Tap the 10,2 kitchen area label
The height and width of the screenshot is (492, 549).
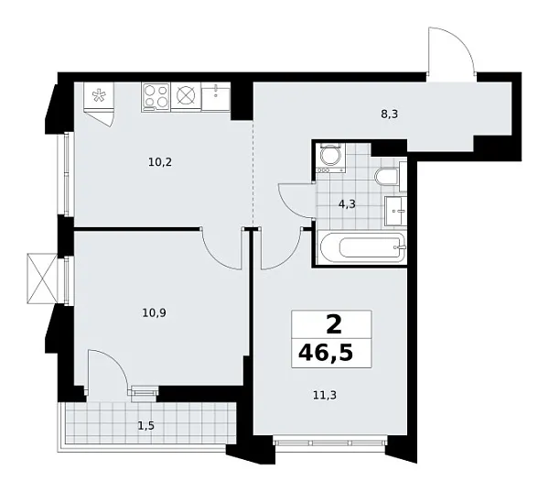tap(160, 162)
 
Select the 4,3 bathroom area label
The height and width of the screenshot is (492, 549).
tap(347, 205)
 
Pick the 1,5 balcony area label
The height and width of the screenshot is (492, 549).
tap(146, 424)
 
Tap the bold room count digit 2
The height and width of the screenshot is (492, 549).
tap(331, 323)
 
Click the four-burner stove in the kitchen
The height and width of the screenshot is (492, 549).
tap(156, 95)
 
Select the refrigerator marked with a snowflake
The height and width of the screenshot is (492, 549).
tap(98, 96)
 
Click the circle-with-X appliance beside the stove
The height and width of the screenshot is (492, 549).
tap(187, 95)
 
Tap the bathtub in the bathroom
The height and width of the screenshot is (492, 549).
tap(361, 246)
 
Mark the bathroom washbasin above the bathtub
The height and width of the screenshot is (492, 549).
tap(396, 210)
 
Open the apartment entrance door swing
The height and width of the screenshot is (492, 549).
tap(450, 50)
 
